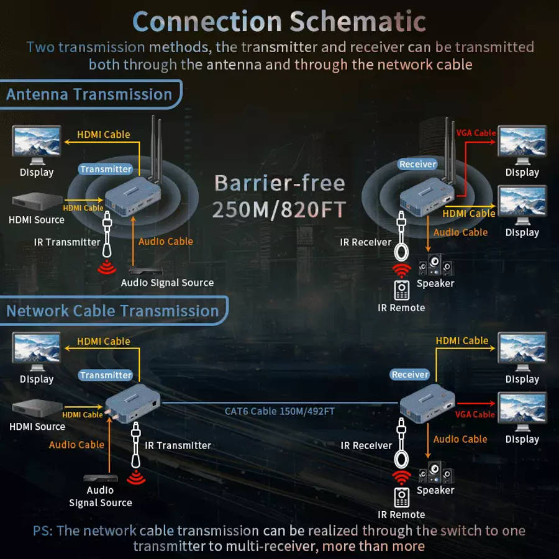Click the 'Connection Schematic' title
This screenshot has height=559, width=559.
click(x=279, y=21)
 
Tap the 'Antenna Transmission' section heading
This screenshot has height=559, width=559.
click(x=89, y=94)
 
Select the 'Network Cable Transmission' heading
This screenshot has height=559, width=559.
click(x=112, y=311)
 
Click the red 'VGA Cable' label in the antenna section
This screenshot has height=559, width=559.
click(x=476, y=133)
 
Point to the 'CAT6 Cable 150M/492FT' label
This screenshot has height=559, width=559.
click(x=279, y=411)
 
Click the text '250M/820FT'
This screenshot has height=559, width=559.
click(x=279, y=209)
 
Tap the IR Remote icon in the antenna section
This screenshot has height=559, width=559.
click(x=401, y=290)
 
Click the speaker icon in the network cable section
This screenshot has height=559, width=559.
click(x=436, y=473)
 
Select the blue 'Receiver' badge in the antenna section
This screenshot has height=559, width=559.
click(x=417, y=164)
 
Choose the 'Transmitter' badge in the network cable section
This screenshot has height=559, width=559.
click(x=106, y=375)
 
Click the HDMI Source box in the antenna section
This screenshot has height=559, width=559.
click(x=37, y=201)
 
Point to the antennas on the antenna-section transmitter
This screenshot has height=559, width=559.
click(x=156, y=148)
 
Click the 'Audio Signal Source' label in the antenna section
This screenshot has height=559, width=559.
click(x=167, y=283)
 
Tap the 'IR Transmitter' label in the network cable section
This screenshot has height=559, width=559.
click(x=178, y=445)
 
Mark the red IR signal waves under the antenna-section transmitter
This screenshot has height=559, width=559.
click(x=107, y=267)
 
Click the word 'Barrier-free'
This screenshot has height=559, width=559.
click(x=279, y=183)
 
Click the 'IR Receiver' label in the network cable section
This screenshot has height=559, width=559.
click(x=366, y=445)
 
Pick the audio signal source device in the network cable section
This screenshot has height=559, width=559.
click(x=101, y=478)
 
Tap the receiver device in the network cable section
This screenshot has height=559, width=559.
click(x=427, y=403)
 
